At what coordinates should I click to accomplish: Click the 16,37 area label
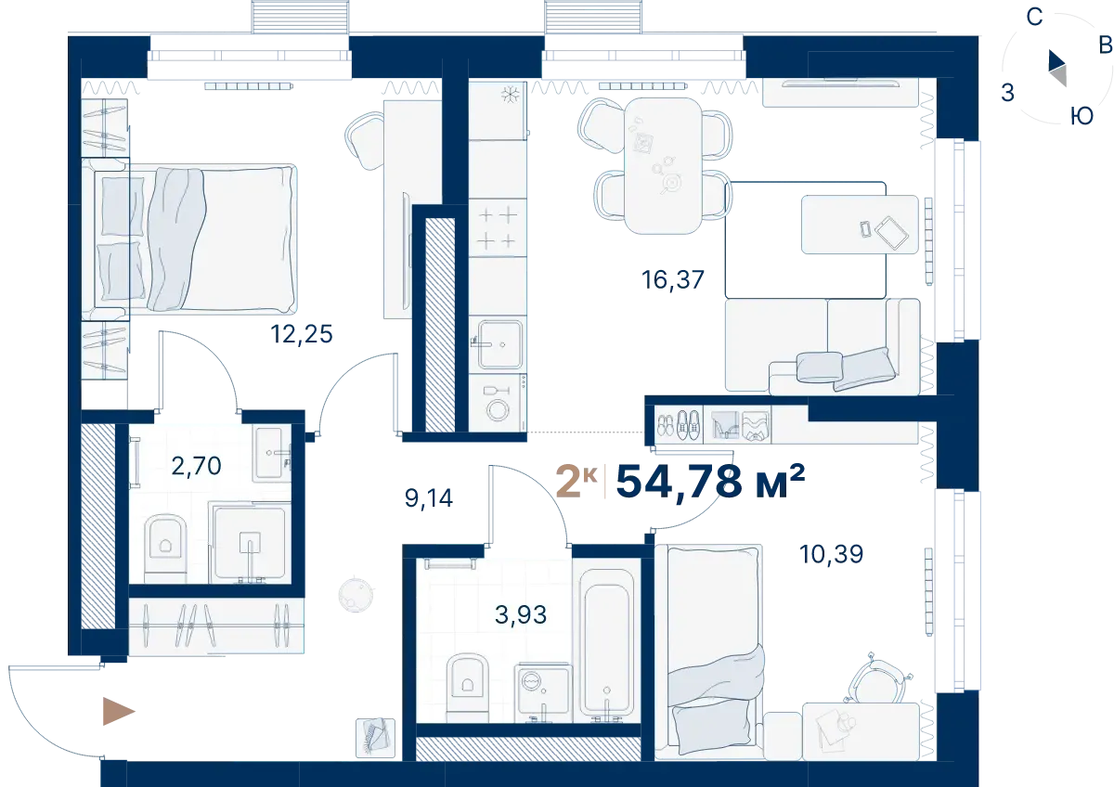[673, 279]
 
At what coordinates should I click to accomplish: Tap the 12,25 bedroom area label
[302, 333]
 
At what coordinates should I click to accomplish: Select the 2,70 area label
[197, 466]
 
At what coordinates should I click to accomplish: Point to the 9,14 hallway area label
[429, 498]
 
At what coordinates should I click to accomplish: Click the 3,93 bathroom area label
[521, 614]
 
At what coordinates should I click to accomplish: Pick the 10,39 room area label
[831, 554]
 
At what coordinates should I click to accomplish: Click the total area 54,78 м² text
[710, 482]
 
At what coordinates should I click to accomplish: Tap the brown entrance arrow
[119, 712]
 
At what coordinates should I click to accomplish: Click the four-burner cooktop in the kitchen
[498, 227]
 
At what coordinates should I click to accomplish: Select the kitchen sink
[499, 344]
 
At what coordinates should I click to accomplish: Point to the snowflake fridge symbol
[510, 95]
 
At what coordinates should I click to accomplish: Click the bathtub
[606, 646]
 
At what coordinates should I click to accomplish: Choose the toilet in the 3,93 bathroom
[468, 688]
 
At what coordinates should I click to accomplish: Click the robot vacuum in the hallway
[356, 595]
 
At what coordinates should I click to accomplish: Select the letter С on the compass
[1034, 18]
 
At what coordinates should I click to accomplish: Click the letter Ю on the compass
[1082, 116]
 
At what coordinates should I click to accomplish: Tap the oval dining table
[663, 165]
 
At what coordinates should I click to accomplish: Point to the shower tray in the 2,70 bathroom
[250, 542]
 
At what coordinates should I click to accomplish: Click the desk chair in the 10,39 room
[878, 678]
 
